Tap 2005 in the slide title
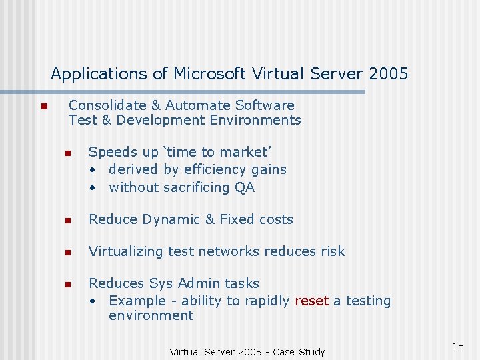click(x=385, y=73)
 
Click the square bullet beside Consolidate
click(x=43, y=107)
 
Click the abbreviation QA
click(x=245, y=187)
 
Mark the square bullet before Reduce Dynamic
click(x=68, y=221)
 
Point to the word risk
click(x=331, y=251)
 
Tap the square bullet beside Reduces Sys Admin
click(x=68, y=285)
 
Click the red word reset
click(x=311, y=301)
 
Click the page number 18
click(x=457, y=346)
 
